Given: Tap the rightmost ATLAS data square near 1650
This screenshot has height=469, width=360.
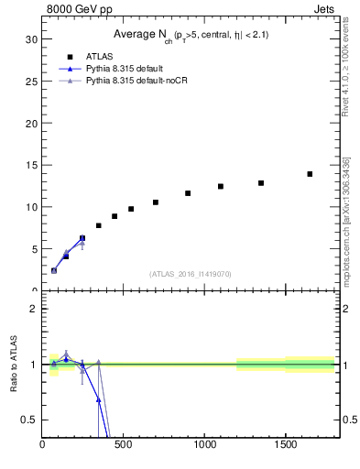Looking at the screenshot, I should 310,174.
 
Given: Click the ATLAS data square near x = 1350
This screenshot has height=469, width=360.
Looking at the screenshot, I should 261,183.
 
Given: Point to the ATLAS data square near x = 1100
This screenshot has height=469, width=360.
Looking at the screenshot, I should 221,186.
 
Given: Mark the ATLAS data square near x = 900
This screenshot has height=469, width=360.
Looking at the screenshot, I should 188,193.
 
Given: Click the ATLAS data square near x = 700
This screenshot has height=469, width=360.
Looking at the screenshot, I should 156,202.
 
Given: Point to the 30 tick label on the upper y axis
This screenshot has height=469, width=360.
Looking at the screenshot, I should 31,39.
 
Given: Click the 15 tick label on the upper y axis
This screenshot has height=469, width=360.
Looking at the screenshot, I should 31,165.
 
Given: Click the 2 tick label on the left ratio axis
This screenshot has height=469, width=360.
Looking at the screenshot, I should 34,309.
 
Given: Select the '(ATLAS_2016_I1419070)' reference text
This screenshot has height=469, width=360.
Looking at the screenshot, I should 191,274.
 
